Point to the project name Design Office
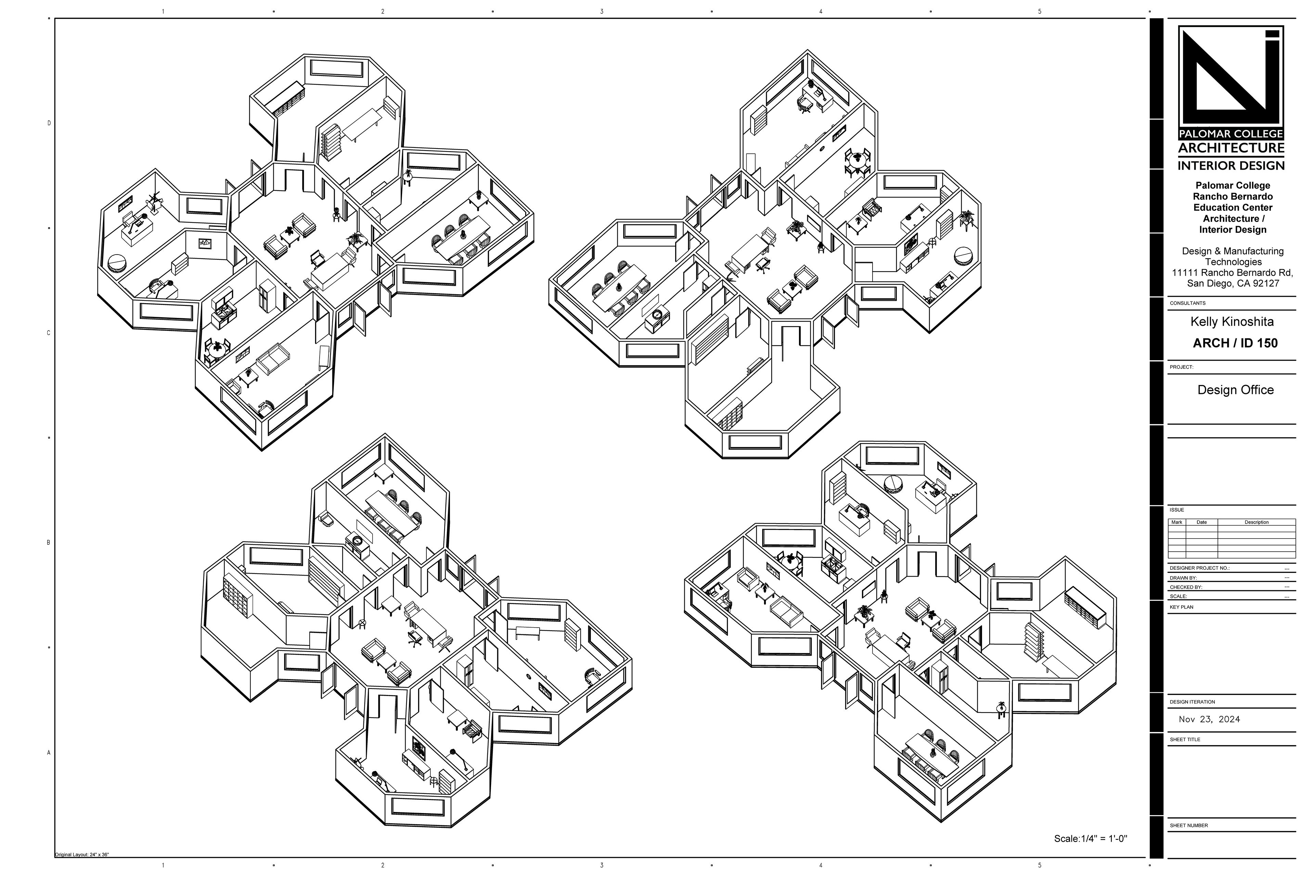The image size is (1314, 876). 1235,390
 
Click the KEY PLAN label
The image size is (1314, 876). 1182,607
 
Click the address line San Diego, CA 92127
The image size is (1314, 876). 1233,283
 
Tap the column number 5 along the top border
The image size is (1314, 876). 1039,12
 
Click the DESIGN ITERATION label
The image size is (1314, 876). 1192,702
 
